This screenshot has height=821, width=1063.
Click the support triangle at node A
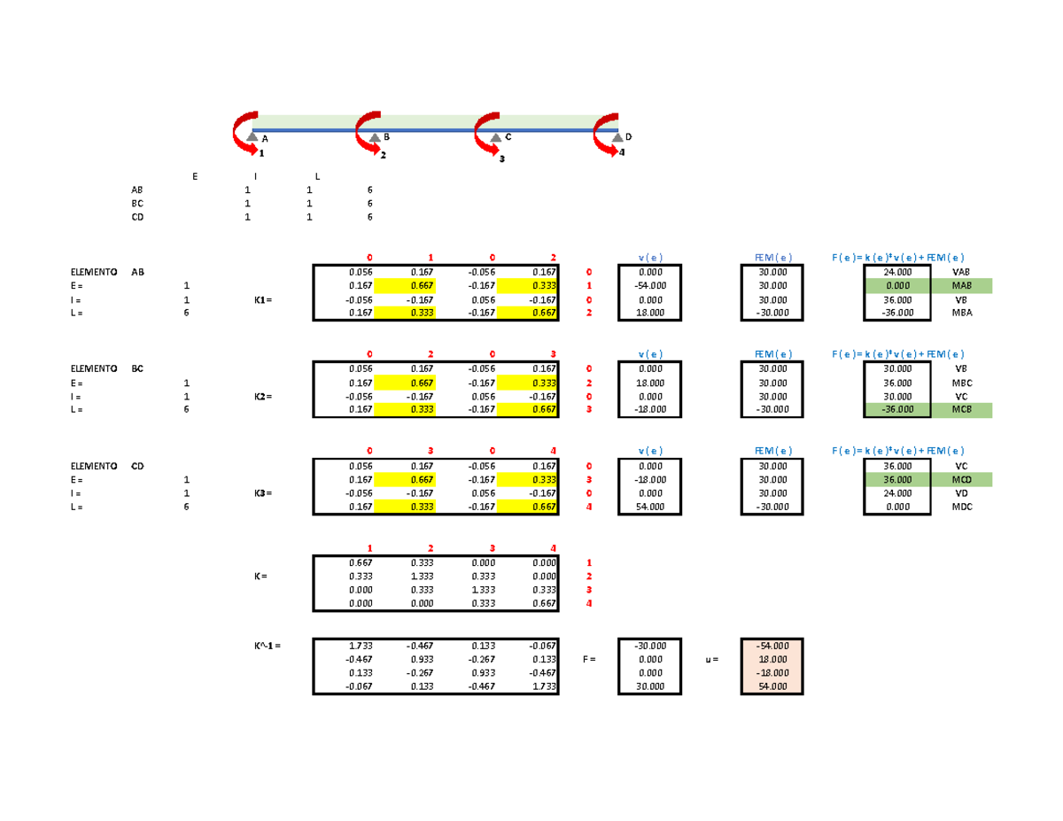(x=252, y=136)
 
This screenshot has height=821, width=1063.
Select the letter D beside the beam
(x=629, y=137)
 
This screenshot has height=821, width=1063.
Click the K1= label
(x=263, y=299)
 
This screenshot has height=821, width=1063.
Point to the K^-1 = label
(x=268, y=646)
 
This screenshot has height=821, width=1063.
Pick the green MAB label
(x=962, y=285)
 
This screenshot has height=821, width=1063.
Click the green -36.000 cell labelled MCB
(x=897, y=409)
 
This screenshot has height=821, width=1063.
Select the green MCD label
(x=962, y=480)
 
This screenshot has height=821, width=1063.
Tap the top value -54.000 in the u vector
(x=773, y=646)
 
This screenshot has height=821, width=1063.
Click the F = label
(x=589, y=659)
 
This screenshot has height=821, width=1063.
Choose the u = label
(x=711, y=660)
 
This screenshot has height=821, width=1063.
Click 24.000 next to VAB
(x=897, y=272)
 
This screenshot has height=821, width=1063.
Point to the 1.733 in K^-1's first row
(x=361, y=646)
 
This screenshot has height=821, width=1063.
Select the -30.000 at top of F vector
(x=650, y=646)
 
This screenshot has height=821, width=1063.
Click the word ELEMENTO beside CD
(x=94, y=466)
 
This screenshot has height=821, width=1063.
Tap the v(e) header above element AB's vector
(x=650, y=258)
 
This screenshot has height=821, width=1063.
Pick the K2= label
(x=263, y=397)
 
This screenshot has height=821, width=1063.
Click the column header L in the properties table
(x=317, y=176)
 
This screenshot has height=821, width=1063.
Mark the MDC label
(x=962, y=507)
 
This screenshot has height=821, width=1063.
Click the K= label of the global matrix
(x=260, y=577)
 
